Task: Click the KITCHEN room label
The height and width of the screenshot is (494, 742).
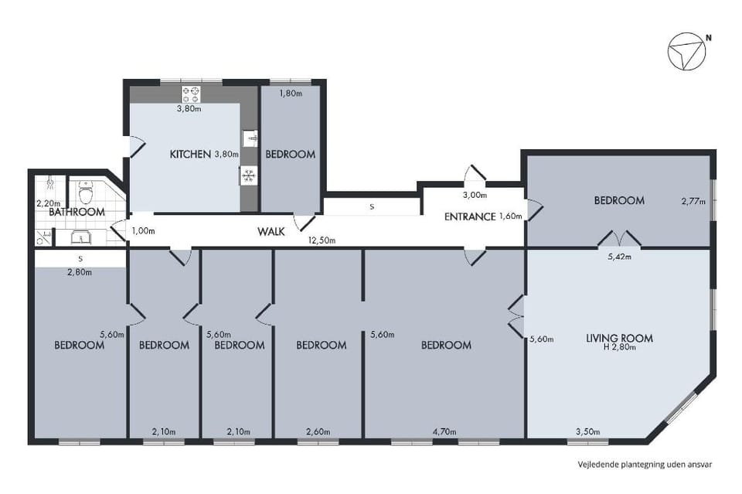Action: (x=190, y=155)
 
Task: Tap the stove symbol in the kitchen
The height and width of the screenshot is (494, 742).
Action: (x=191, y=94)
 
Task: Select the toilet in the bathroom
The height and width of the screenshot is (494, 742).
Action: (x=85, y=192)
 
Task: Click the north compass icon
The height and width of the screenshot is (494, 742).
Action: (x=687, y=51)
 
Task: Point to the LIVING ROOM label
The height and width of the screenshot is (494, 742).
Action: (x=619, y=338)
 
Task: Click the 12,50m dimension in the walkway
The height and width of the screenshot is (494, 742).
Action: (x=322, y=240)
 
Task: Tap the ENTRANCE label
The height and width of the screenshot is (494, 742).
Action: (x=470, y=216)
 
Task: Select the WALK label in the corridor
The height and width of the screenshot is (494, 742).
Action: (x=271, y=231)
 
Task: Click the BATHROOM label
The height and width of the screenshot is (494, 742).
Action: (x=77, y=212)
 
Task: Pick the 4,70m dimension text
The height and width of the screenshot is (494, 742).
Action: (x=444, y=431)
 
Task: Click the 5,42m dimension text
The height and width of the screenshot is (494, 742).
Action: (x=619, y=257)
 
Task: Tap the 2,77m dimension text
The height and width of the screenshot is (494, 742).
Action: (x=693, y=201)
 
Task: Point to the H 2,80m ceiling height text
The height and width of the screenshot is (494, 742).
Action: (x=619, y=347)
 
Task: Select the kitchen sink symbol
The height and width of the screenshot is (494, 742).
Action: (x=250, y=138)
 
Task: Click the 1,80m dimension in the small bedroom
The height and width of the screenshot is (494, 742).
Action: (x=291, y=94)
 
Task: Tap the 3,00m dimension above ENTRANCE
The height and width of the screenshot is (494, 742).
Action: (x=475, y=195)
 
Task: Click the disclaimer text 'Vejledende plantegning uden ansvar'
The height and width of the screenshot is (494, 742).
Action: (x=645, y=464)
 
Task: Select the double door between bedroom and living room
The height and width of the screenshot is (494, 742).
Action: (x=619, y=238)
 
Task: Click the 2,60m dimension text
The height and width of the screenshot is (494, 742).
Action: (x=318, y=431)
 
